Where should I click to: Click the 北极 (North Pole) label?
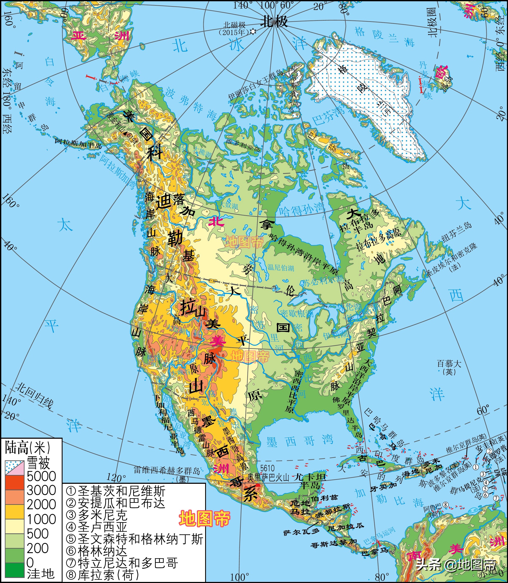click(274, 21)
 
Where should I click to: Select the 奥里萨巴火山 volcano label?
click(268, 477)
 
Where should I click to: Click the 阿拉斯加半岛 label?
click(78, 143)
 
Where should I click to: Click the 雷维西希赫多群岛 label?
click(167, 471)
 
